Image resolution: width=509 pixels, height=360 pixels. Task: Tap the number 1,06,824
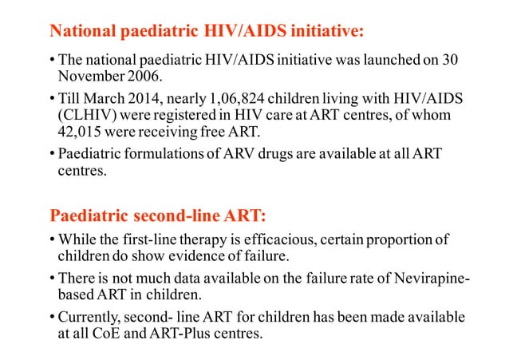click(227, 97)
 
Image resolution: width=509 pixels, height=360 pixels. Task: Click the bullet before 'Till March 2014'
click(51, 97)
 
